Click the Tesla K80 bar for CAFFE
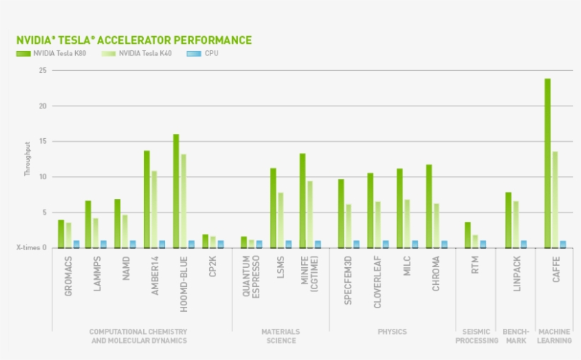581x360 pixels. tap(548, 163)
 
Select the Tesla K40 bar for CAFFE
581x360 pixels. tap(555, 199)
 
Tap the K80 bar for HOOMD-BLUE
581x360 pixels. tap(176, 191)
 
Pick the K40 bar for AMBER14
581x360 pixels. tap(154, 209)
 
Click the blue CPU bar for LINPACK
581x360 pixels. tap(524, 244)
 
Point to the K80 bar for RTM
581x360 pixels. tap(468, 235)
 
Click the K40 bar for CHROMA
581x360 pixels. tap(436, 225)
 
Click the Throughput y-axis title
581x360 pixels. tap(28, 159)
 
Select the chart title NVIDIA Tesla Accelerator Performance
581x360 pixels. tap(133, 40)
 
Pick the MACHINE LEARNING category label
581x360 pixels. tap(554, 336)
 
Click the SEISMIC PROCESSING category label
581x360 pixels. tap(476, 336)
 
